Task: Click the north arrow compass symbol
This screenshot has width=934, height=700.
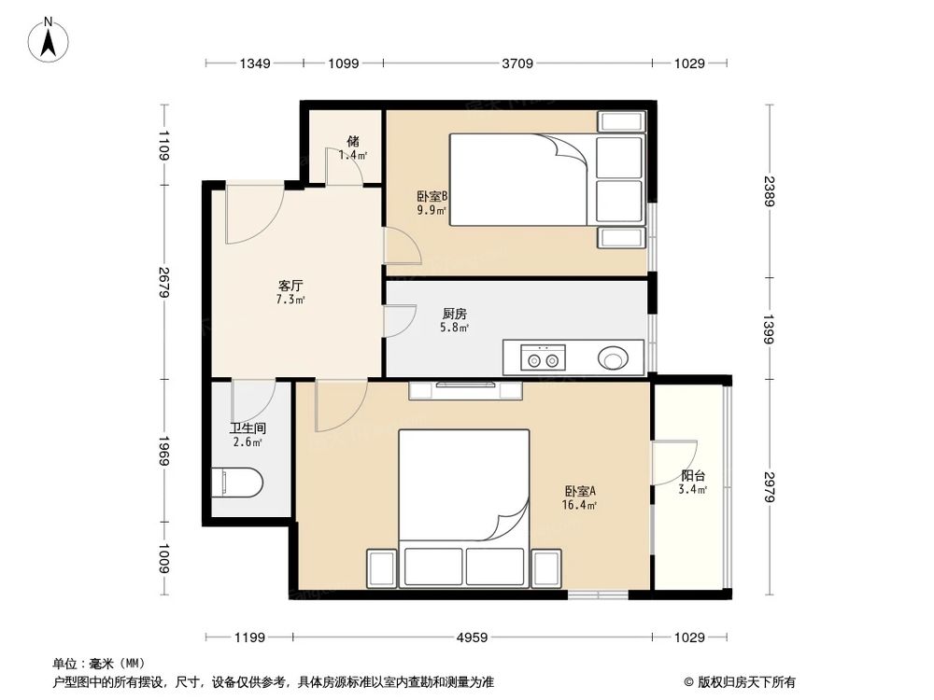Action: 49,39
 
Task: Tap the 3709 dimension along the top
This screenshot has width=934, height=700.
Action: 517,63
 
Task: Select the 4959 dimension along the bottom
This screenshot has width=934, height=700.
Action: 472,637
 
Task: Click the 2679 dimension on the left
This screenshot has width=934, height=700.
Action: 164,283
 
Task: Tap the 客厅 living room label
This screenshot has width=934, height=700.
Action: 290,285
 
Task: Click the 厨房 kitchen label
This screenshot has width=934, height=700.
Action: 455,313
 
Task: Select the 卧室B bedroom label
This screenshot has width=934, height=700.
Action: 432,196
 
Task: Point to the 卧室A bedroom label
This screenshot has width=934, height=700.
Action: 580,491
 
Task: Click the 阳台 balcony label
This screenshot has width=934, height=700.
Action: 693,476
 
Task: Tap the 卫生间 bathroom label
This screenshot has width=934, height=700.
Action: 248,428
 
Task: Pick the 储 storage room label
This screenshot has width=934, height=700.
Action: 353,141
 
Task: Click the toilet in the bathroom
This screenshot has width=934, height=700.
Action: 237,483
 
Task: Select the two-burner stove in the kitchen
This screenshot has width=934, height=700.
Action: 543,357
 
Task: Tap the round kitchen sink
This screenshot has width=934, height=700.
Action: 613,358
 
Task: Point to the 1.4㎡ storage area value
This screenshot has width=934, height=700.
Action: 353,155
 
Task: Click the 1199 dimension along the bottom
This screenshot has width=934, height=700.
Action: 249,637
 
